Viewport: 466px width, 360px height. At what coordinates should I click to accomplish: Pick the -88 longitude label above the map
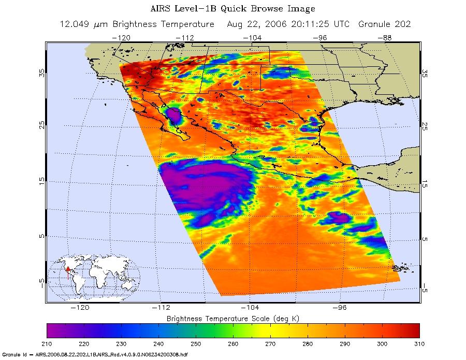point(386,38)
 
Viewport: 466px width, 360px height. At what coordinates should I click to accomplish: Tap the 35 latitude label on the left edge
point(41,73)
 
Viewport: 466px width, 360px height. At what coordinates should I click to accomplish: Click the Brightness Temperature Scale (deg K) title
point(233,317)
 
